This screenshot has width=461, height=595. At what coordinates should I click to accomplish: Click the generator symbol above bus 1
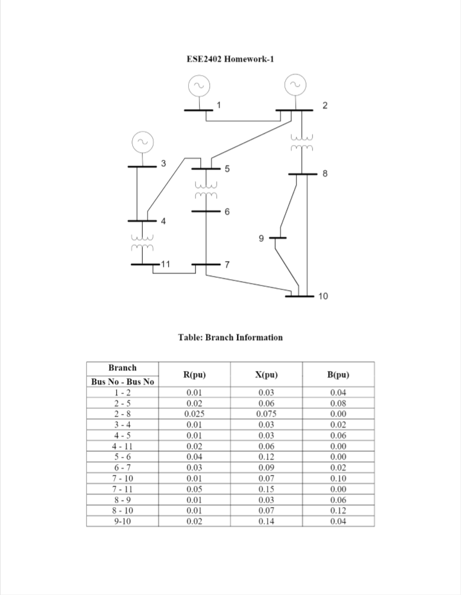pyautogui.click(x=198, y=85)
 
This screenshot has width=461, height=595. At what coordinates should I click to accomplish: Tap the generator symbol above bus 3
pyautogui.click(x=142, y=142)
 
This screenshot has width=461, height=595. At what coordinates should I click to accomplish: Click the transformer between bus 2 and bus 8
pyautogui.click(x=300, y=143)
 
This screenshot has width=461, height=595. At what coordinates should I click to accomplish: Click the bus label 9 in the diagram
pyautogui.click(x=261, y=239)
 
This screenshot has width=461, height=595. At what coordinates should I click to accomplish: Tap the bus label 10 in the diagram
pyautogui.click(x=322, y=297)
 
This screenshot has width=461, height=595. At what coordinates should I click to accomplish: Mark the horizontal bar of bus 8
pyautogui.click(x=302, y=174)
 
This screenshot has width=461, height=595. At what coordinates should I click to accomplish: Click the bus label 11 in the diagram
pyautogui.click(x=166, y=264)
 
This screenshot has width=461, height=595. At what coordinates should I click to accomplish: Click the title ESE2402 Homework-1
pyautogui.click(x=230, y=60)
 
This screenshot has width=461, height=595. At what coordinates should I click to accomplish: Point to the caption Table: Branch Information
pyautogui.click(x=230, y=337)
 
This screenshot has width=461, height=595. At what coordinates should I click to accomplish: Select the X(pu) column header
pyautogui.click(x=266, y=375)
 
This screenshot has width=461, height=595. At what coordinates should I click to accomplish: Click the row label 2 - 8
pyautogui.click(x=123, y=414)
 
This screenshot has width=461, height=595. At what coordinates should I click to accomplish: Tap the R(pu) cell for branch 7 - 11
pyautogui.click(x=194, y=489)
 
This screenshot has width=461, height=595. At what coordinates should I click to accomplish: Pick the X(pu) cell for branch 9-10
pyautogui.click(x=266, y=521)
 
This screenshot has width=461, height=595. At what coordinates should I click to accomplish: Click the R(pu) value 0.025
pyautogui.click(x=194, y=414)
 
